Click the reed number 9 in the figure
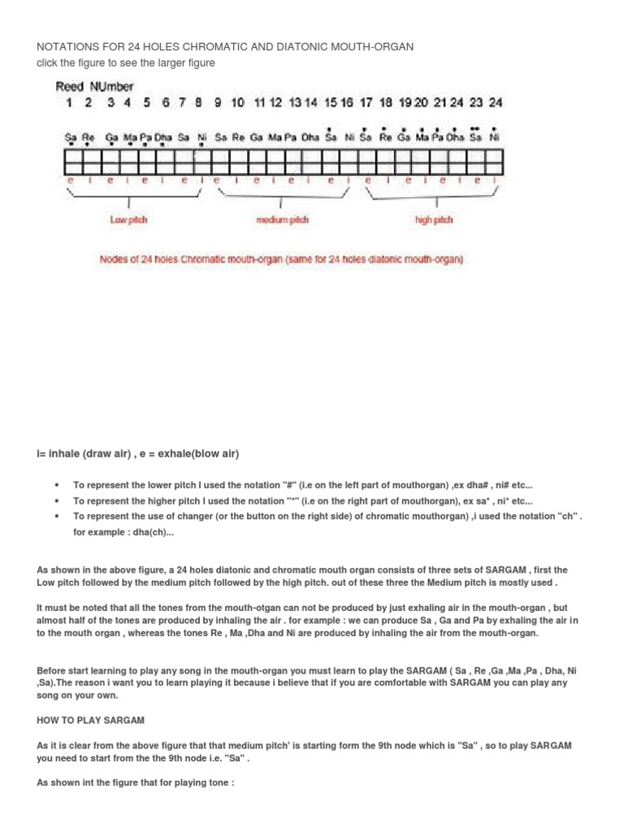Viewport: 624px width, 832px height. tap(218, 102)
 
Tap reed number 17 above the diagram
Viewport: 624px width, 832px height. tap(366, 102)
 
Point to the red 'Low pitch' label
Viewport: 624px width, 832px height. tap(128, 220)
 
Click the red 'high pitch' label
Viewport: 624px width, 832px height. tap(434, 220)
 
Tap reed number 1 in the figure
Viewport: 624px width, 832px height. tap(68, 102)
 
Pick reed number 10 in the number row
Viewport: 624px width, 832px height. tap(237, 102)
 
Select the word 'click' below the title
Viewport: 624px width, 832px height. tap(48, 63)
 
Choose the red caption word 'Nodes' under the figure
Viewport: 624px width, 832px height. tap(114, 260)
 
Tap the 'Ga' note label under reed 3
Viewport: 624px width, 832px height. tap(110, 137)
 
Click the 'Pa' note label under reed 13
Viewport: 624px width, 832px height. tap(292, 137)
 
